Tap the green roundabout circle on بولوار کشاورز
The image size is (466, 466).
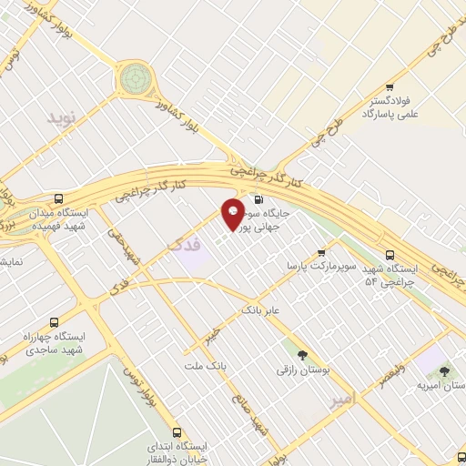click(135, 78)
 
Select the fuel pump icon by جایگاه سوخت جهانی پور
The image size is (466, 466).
click(260, 200)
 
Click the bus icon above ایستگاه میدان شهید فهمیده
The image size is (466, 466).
click(59, 198)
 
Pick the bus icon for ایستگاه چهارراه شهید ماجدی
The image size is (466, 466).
click(55, 322)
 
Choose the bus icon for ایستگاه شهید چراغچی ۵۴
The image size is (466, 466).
click(390, 254)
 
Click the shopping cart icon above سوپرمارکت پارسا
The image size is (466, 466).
click(320, 253)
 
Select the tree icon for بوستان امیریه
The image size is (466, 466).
click(443, 371)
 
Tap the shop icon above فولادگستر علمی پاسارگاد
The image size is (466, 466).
click(390, 78)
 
